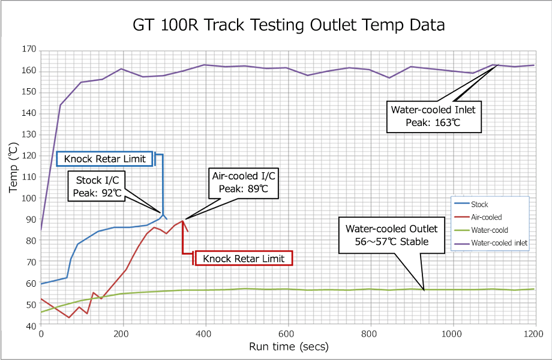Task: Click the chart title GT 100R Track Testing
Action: tap(289, 25)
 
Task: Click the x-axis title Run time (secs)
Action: tap(289, 346)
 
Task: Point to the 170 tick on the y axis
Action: tap(29, 49)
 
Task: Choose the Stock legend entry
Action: tap(479, 205)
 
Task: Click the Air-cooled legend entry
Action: tap(486, 217)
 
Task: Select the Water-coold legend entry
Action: tap(490, 230)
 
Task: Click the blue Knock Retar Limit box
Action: tap(104, 159)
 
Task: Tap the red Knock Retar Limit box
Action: tap(243, 259)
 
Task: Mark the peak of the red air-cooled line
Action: tap(182, 221)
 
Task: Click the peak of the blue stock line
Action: tap(162, 213)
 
